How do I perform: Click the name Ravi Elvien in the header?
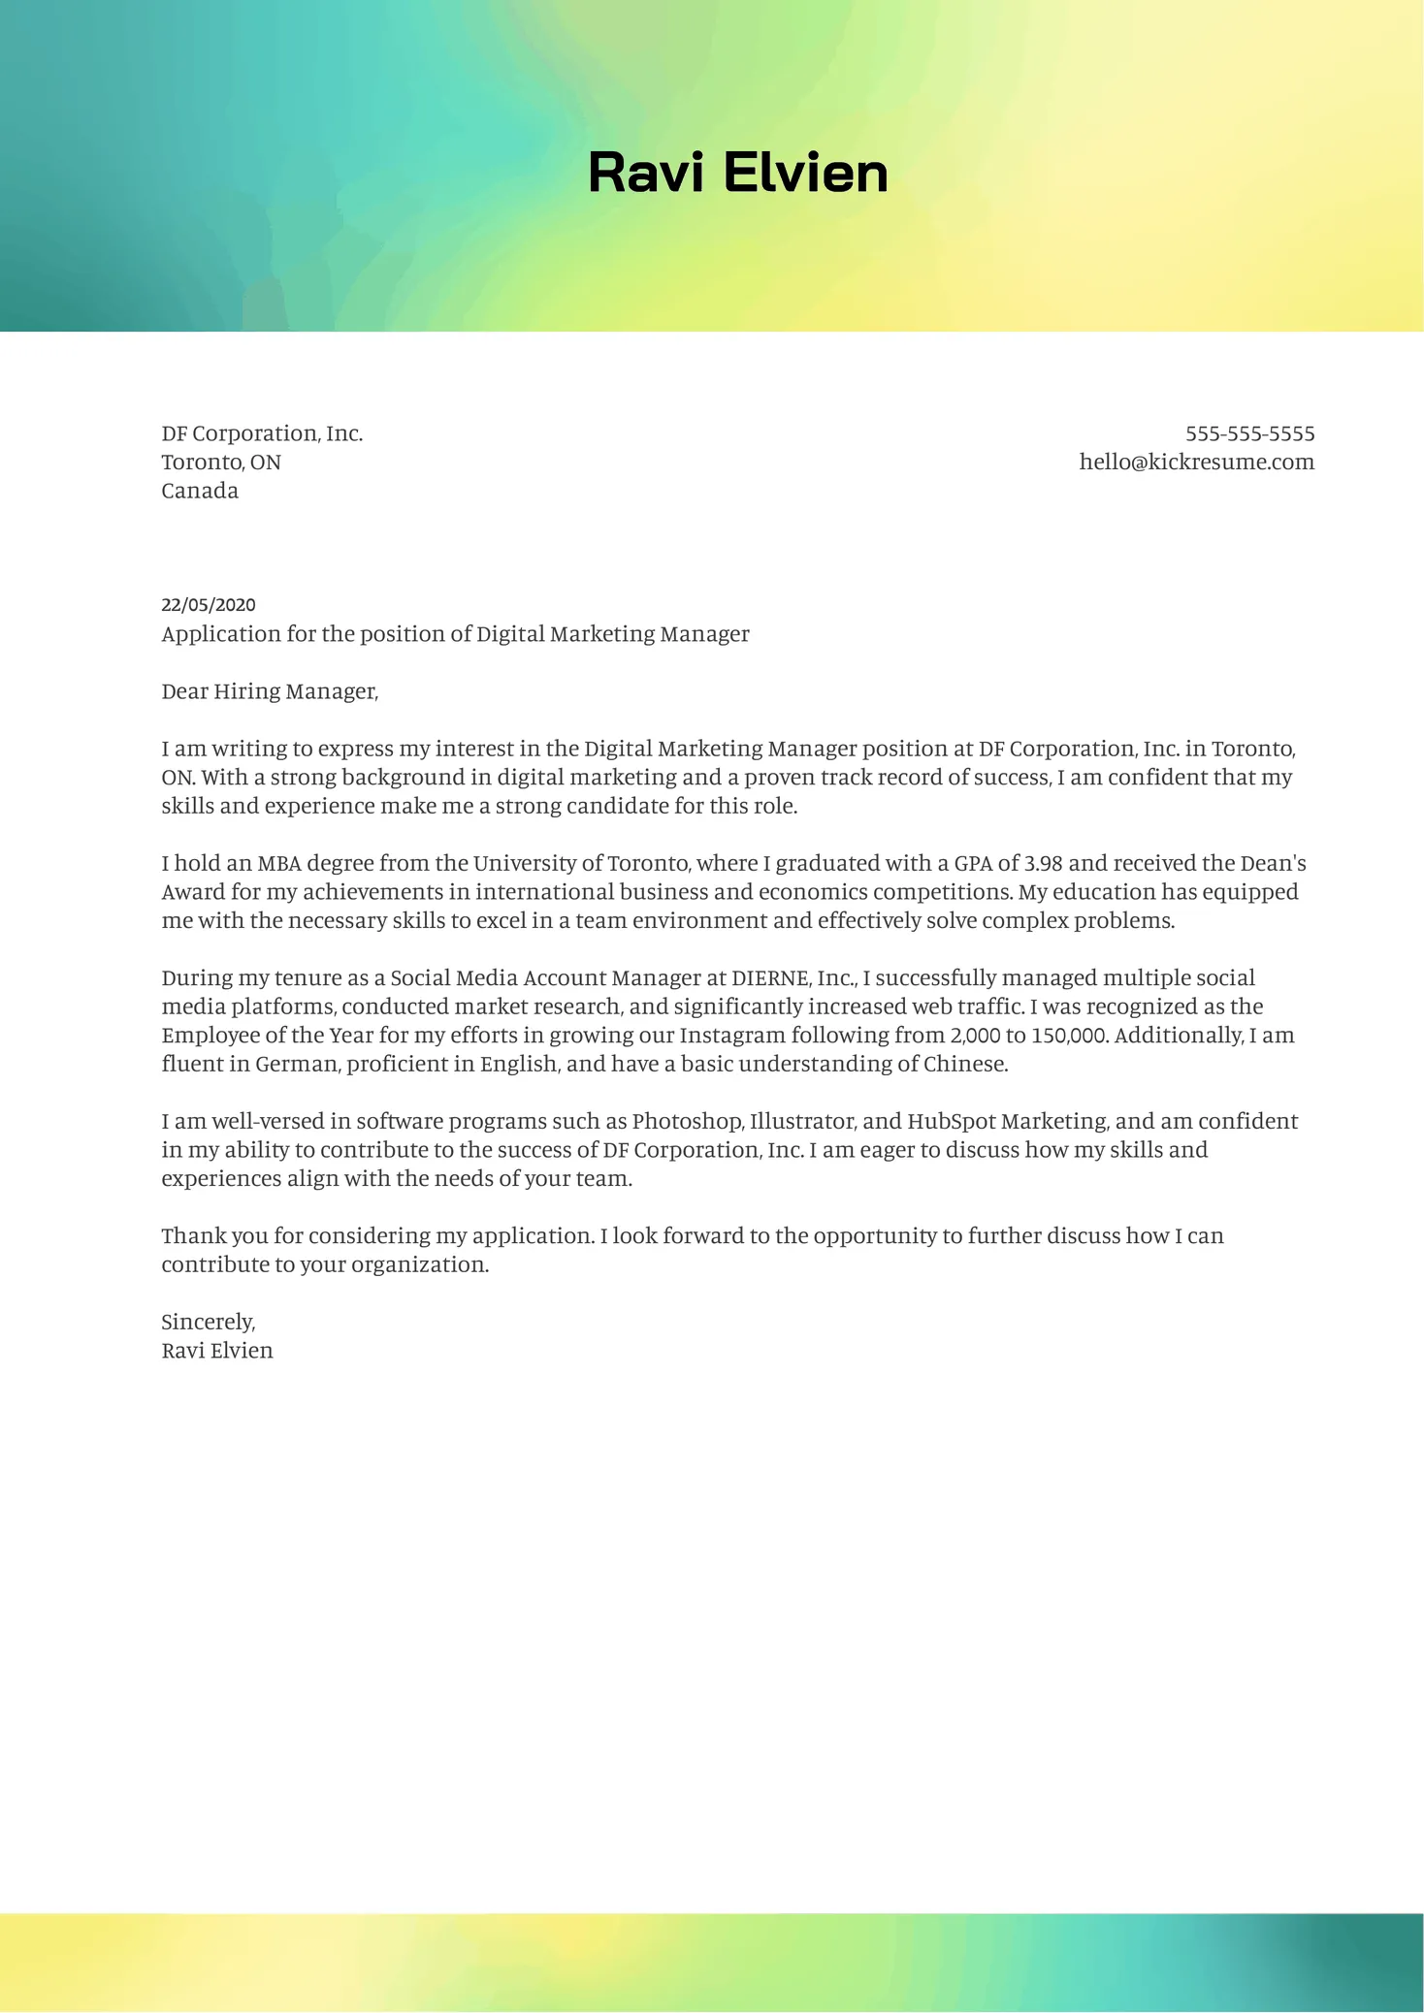click(x=737, y=173)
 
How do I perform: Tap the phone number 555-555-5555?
click(x=1249, y=433)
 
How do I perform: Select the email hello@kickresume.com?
click(x=1196, y=462)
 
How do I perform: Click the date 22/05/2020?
click(x=209, y=605)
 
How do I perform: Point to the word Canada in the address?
click(x=200, y=491)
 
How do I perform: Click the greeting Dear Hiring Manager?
click(x=269, y=691)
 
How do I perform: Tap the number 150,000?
click(x=1068, y=1036)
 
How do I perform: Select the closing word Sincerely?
click(x=208, y=1323)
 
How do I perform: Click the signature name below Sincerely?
click(x=217, y=1351)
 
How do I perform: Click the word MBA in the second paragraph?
click(x=279, y=863)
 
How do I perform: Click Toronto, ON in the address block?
click(x=221, y=463)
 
